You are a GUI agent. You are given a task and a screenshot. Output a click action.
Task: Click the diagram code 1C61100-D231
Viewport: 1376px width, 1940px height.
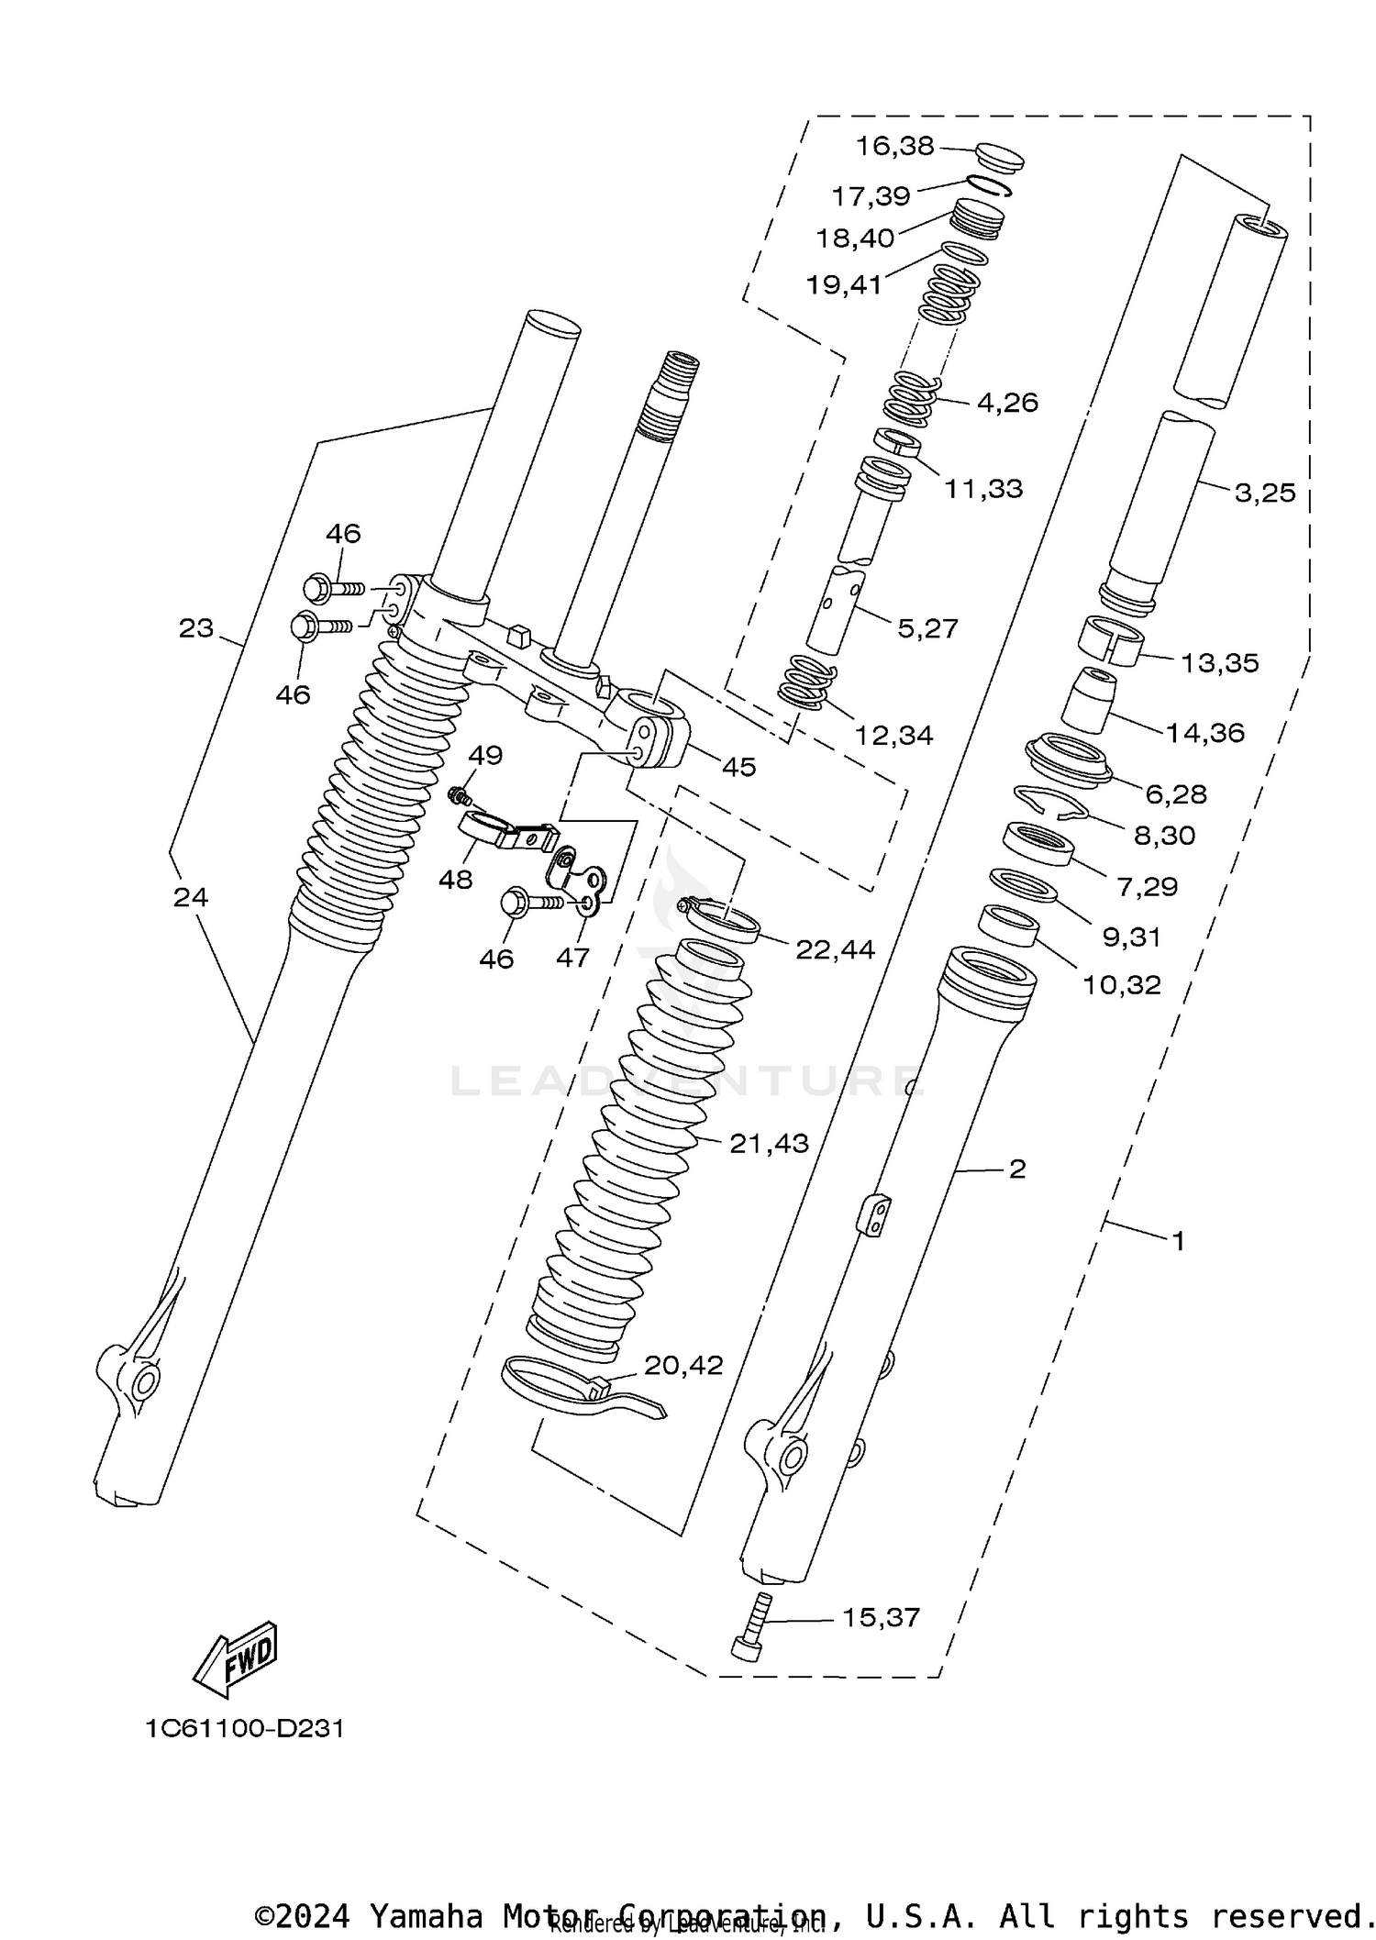click(244, 1729)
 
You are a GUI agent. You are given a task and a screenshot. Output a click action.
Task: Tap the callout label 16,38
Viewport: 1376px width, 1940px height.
click(894, 146)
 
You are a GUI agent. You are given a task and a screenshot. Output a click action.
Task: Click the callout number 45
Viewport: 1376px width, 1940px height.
click(738, 767)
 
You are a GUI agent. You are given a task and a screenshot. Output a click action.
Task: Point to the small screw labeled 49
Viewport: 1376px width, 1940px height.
click(457, 793)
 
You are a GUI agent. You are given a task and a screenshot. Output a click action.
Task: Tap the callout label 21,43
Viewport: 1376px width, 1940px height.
click(769, 1143)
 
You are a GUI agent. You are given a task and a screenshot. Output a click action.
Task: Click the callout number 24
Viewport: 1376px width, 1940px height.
click(191, 897)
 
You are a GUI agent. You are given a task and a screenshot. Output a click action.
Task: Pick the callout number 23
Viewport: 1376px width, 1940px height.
click(196, 628)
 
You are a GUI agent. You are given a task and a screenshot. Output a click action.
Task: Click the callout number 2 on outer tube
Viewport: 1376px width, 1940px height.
click(1016, 1169)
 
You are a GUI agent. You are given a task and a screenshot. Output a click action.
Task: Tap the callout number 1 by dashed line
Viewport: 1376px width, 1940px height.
click(1179, 1241)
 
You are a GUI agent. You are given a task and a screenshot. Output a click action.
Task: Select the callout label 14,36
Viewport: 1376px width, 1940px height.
click(1205, 732)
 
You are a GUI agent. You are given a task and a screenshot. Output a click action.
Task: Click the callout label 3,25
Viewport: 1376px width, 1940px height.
click(1265, 493)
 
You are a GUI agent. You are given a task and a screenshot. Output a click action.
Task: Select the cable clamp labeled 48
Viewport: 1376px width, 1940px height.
click(509, 827)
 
